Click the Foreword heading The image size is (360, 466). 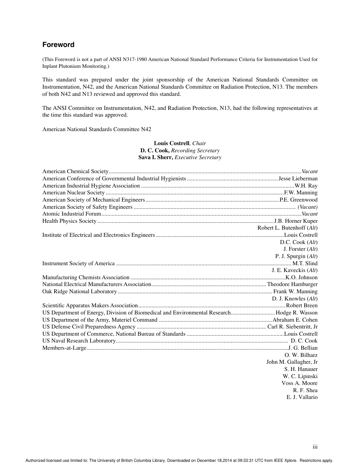58,45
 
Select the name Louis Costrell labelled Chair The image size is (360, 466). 171,143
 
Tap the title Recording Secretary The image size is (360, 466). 195,150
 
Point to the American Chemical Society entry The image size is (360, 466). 75,172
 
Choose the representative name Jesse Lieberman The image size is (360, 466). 298,178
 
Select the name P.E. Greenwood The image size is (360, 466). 299,200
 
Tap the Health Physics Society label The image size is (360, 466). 69,221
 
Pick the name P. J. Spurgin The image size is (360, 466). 291,256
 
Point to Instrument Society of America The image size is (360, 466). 78,263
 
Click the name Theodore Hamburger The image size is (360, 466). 292,284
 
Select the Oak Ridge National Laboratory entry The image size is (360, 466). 80,291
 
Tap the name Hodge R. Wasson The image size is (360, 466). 297,313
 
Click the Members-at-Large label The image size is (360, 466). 64,348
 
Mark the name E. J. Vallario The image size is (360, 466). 302,397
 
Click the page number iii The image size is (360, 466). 315,447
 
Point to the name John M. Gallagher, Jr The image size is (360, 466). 292,362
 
